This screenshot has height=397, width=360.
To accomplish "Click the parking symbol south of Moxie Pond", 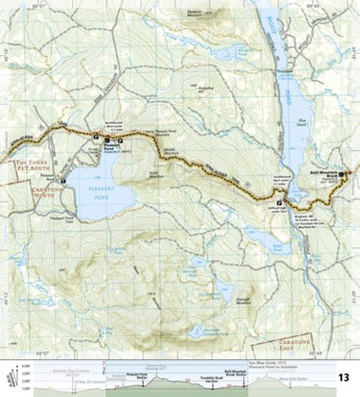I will pos(280,202).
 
